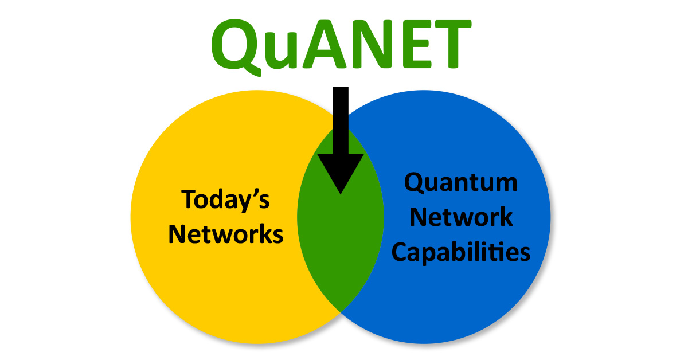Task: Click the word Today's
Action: pos(226,201)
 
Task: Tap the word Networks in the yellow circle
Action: pos(226,234)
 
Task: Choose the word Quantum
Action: pos(461,184)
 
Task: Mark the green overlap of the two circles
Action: pos(341,241)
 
